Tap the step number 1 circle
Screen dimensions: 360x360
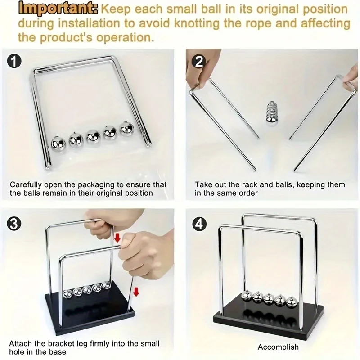pyautogui.click(x=15, y=61)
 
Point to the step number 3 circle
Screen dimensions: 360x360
pyautogui.click(x=15, y=223)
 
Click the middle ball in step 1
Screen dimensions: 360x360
pyautogui.click(x=93, y=137)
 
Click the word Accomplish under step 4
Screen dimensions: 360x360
pyautogui.click(x=278, y=347)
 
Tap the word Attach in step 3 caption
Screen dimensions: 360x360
pyautogui.click(x=21, y=344)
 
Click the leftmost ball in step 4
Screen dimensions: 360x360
pyautogui.click(x=246, y=296)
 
